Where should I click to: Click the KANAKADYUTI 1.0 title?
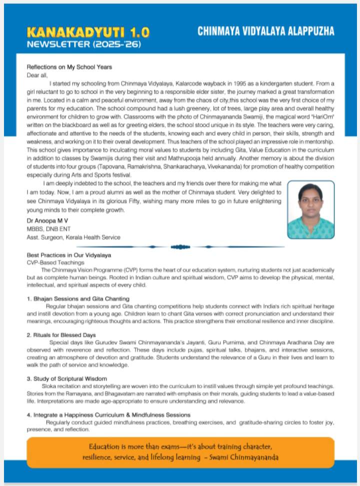[x=87, y=33]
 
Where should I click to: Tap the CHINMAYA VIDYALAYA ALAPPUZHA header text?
[x=265, y=31]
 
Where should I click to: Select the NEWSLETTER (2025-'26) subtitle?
[x=84, y=45]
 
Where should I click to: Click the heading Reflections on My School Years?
[x=69, y=67]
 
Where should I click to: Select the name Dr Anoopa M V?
[x=48, y=220]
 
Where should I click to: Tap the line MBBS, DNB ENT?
[x=45, y=228]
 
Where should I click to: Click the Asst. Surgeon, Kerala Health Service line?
[x=73, y=237]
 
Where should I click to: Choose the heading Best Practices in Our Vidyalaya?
[x=68, y=255]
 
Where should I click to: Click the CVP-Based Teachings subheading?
[x=55, y=262]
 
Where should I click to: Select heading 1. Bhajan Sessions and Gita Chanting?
[x=75, y=298]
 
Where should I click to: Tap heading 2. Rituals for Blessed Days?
[x=61, y=334]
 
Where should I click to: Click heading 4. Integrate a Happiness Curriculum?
[x=108, y=414]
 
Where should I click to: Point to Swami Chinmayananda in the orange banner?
[x=245, y=457]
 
